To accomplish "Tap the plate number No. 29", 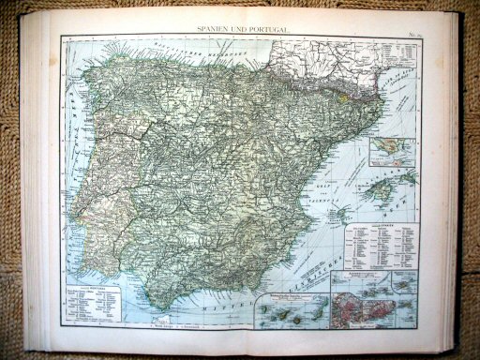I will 415,31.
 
